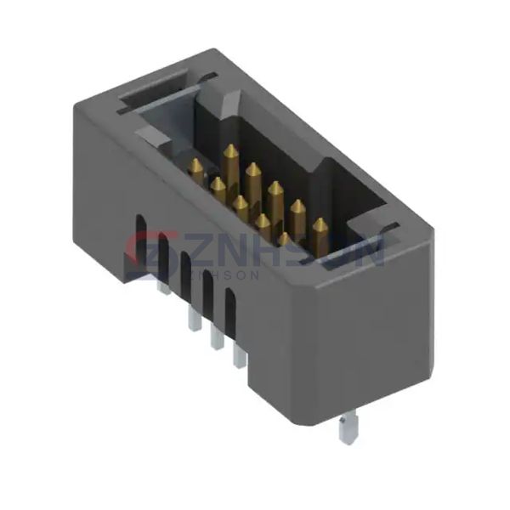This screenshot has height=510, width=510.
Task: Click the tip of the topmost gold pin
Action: point(229,150)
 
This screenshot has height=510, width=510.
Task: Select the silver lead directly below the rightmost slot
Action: point(239,358)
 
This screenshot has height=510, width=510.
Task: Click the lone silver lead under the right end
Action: point(345,430)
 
